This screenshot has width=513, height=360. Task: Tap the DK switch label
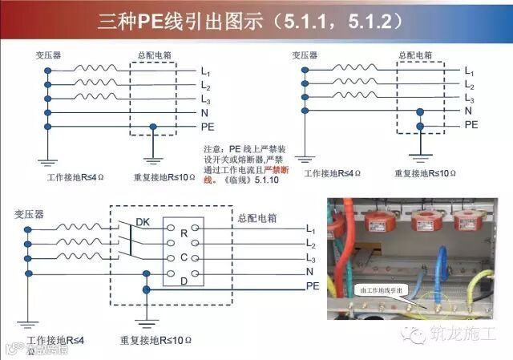pyautogui.click(x=143, y=221)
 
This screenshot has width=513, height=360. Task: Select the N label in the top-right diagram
pyautogui.click(x=468, y=111)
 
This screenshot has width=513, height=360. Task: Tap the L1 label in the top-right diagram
pyautogui.click(x=470, y=71)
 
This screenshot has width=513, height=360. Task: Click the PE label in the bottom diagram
pyautogui.click(x=313, y=285)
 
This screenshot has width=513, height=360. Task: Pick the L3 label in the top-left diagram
pyautogui.click(x=206, y=98)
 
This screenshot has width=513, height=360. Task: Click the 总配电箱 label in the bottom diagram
pyautogui.click(x=256, y=216)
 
